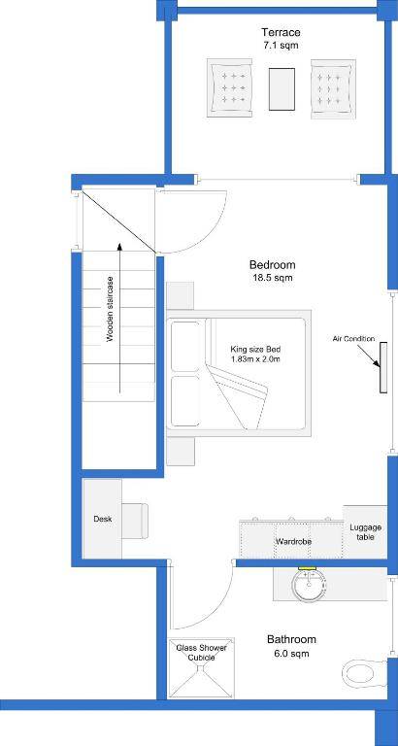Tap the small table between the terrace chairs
(282, 87)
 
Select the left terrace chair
(230, 89)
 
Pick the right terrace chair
(333, 88)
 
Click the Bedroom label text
(272, 265)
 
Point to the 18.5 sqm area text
(272, 278)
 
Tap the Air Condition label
(353, 339)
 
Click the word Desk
(103, 519)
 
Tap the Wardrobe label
(292, 541)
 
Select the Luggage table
(366, 532)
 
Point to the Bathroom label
(291, 640)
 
